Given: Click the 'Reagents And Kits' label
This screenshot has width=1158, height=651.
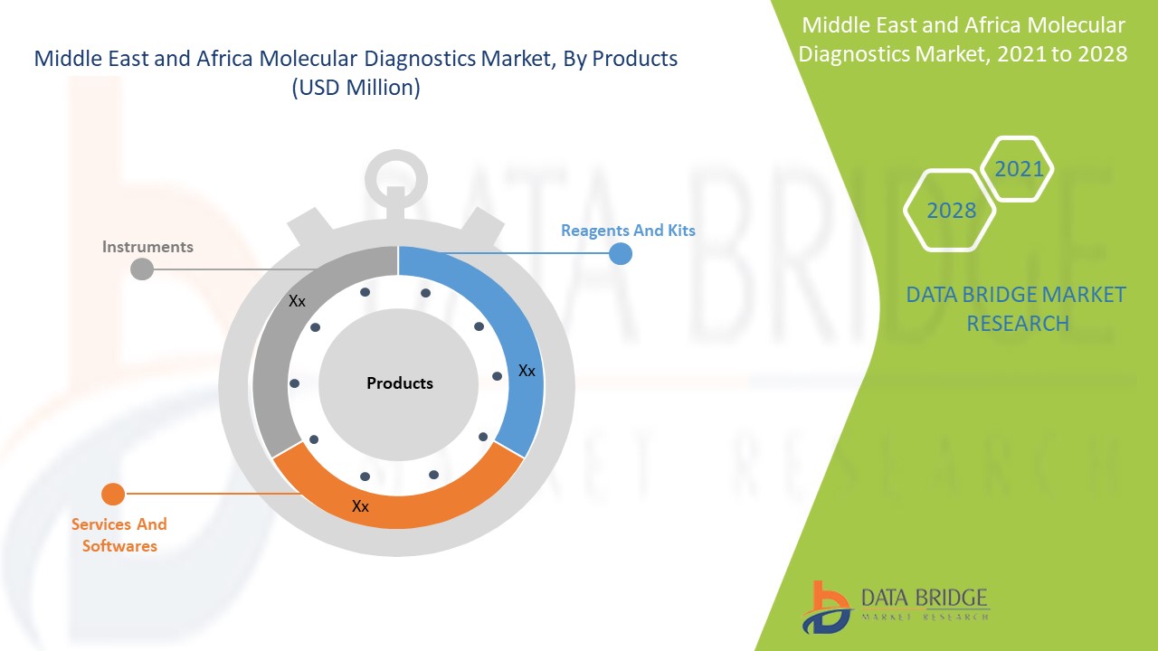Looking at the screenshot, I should coord(628,231).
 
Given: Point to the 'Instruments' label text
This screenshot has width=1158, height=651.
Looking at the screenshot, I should coord(147,247).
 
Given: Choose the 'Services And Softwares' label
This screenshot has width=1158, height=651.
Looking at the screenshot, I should coord(119,534).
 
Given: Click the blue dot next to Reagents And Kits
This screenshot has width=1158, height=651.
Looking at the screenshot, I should coord(620,253).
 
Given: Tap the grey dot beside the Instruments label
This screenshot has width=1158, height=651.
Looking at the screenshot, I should coord(142,269).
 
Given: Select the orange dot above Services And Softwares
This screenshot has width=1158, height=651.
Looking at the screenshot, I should coord(113,494).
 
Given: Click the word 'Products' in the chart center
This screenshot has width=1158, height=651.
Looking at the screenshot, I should coord(400,383).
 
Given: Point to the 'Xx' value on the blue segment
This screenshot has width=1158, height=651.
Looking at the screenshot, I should coord(527,371).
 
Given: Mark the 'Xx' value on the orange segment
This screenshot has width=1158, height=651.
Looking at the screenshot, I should coord(360,506).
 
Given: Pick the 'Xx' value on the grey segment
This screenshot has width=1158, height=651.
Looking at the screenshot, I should coord(297,301).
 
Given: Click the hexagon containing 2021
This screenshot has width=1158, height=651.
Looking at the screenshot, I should coord(1018,169).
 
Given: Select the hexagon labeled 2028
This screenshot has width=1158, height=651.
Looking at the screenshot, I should coord(951,211).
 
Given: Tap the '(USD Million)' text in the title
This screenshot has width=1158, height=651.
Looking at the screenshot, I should coord(356,89).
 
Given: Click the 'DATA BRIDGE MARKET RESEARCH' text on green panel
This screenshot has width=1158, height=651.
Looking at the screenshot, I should coord(1017,308).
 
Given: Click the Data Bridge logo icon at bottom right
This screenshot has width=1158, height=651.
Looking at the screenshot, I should coord(826,607).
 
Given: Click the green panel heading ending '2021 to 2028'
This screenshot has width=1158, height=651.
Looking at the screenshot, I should coord(963,40).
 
